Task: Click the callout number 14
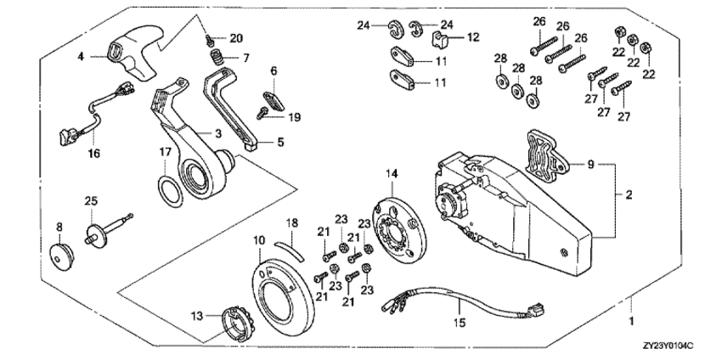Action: click(x=392, y=173)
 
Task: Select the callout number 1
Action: click(x=630, y=322)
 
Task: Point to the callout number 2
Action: click(x=629, y=194)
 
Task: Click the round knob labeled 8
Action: click(x=60, y=256)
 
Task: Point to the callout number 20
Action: click(x=236, y=39)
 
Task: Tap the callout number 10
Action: click(x=259, y=240)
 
